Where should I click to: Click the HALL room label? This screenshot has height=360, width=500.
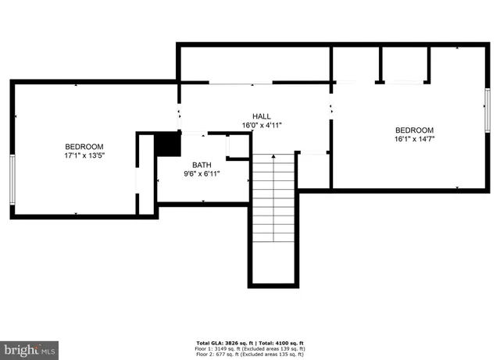pos(261,116)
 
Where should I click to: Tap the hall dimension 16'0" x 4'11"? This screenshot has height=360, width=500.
pos(261,124)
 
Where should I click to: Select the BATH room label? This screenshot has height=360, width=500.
pos(202,165)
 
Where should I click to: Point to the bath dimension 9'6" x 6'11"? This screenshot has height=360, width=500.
pos(202,173)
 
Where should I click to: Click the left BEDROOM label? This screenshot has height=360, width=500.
pos(84,147)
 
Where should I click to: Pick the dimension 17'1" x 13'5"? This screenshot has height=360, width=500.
pos(84,155)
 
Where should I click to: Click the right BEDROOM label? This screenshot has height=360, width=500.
pos(414,130)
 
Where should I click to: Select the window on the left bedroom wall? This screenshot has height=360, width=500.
pos(12,178)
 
